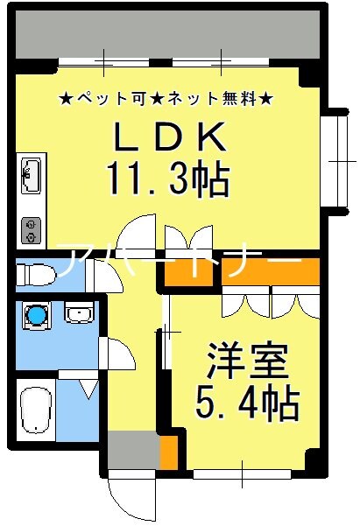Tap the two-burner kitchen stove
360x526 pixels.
pyautogui.click(x=31, y=228)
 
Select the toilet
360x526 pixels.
pyautogui.click(x=35, y=273)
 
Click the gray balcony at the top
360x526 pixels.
pyautogui.click(x=166, y=35)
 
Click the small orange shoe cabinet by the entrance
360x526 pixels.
pyautogui.click(x=169, y=452)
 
